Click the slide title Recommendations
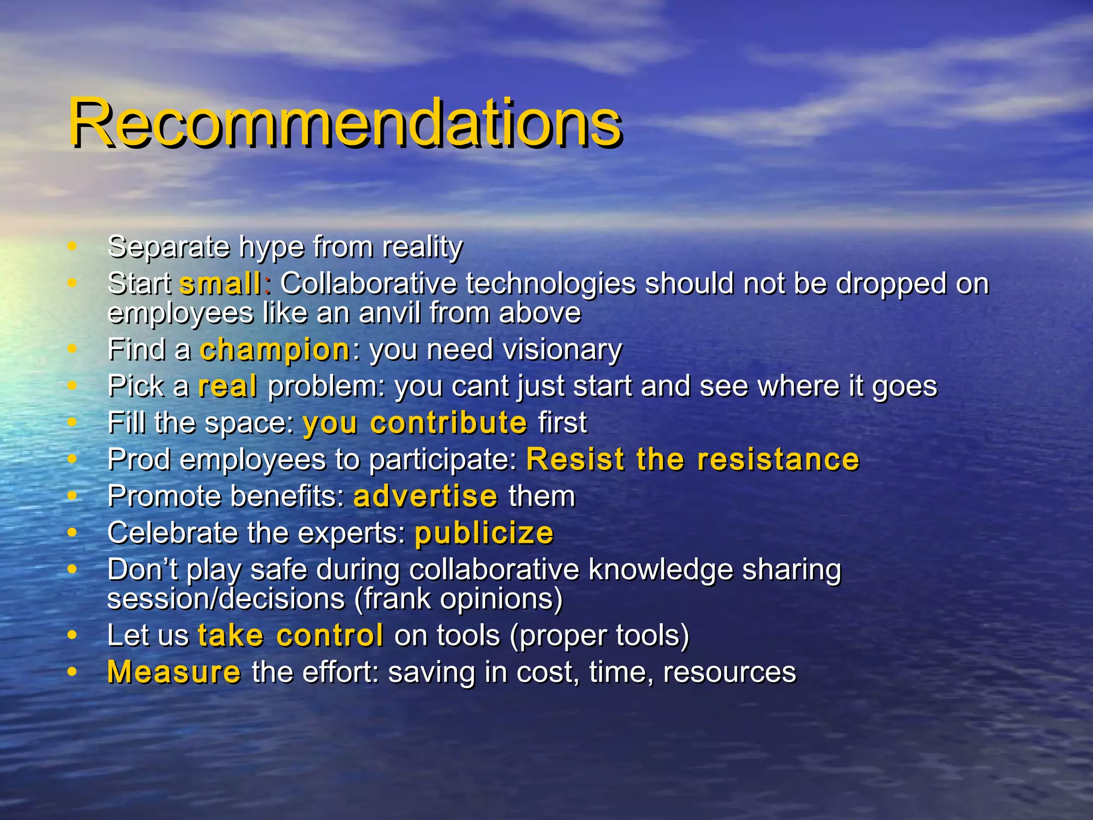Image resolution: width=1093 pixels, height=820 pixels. click(x=345, y=124)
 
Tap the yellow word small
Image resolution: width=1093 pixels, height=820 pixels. click(x=220, y=284)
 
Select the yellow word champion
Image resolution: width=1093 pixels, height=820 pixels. click(x=275, y=350)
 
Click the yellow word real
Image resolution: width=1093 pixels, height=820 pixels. click(x=227, y=387)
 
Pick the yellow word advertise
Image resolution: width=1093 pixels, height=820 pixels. click(x=425, y=496)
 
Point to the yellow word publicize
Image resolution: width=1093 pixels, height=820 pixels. click(x=484, y=533)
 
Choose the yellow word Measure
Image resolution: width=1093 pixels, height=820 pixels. click(x=174, y=672)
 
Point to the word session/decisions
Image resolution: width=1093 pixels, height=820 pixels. click(x=226, y=599)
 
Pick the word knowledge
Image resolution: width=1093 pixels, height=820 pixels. click(x=660, y=570)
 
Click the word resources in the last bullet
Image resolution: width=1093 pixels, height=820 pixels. click(x=729, y=672)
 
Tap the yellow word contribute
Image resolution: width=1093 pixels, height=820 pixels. click(x=448, y=423)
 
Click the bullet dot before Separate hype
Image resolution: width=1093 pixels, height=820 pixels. click(x=72, y=247)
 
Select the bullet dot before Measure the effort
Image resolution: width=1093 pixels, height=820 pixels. click(x=72, y=672)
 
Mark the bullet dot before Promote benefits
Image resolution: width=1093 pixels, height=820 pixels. click(x=72, y=496)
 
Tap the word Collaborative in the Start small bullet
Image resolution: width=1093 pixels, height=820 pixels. click(x=368, y=284)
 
